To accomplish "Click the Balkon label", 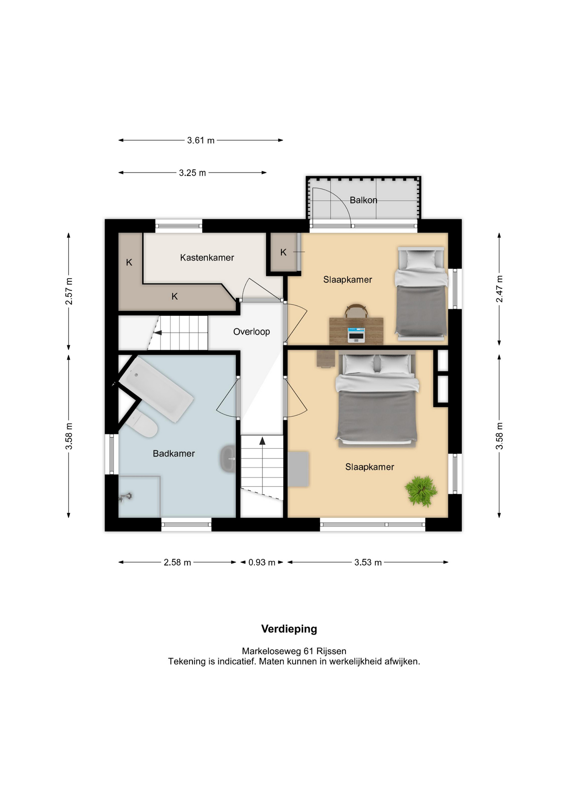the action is [363, 200].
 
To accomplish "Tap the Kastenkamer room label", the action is [207, 258].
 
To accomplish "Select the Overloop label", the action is [251, 332].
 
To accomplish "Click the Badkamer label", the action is [174, 453].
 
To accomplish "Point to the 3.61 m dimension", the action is [201, 141].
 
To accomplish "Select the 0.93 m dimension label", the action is [262, 563].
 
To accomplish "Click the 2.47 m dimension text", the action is [499, 289].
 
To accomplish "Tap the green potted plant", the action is [421, 491].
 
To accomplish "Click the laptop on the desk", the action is [356, 335].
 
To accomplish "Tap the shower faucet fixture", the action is [125, 497].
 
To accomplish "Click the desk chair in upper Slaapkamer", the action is [356, 311].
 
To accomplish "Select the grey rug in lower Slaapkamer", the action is [298, 469].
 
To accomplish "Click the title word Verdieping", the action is [289, 629].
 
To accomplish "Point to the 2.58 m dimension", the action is [177, 563].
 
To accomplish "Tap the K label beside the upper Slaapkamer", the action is [283, 253].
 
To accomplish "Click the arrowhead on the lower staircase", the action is [262, 441].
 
